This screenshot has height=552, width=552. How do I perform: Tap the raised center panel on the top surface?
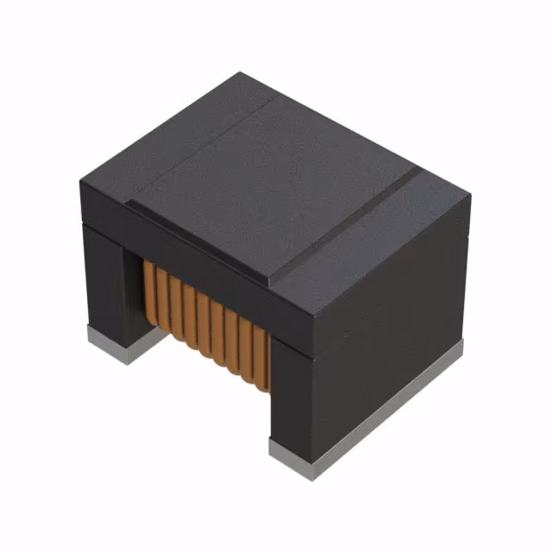point(267,185)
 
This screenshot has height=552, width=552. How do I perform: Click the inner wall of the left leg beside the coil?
point(133,293)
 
